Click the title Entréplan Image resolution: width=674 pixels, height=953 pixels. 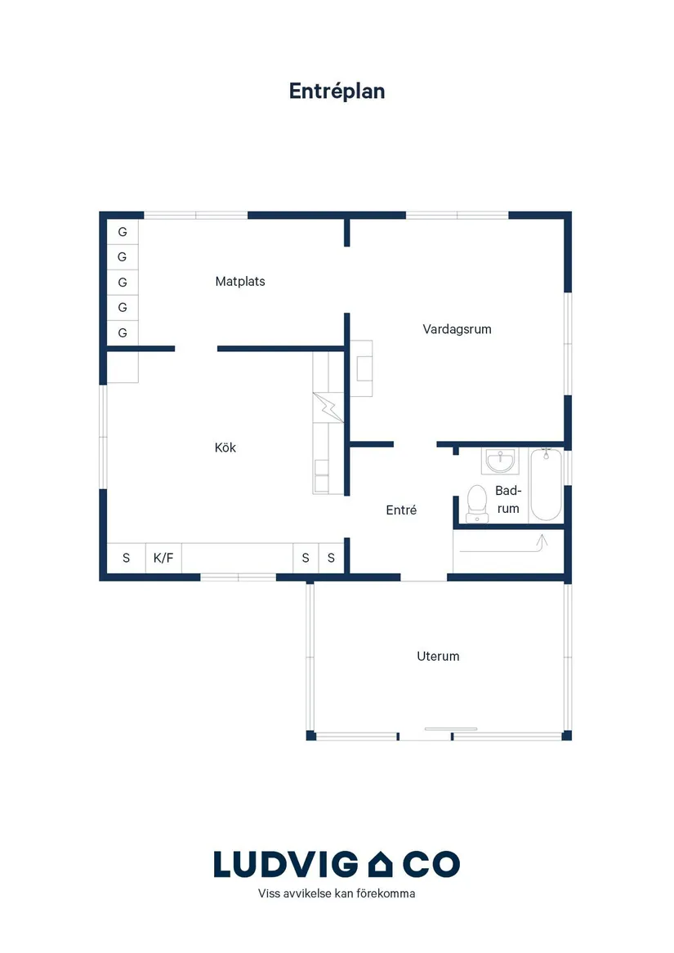[337, 91]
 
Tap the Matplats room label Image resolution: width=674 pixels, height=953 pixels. [240, 282]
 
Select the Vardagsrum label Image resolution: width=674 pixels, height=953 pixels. [457, 329]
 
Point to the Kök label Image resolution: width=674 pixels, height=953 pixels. [225, 448]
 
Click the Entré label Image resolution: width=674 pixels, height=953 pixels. [401, 510]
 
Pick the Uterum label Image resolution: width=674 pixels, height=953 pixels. [438, 657]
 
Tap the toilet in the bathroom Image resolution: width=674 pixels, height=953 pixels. [477, 504]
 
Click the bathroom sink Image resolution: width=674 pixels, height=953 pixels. [500, 461]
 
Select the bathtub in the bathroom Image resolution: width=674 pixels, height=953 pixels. [546, 484]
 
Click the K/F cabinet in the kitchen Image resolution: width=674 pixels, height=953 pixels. [163, 558]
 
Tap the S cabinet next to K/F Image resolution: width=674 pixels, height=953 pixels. [126, 558]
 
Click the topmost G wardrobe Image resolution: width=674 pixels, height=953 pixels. [123, 232]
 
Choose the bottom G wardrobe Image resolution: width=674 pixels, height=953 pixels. [123, 333]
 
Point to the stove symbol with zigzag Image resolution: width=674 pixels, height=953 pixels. [328, 407]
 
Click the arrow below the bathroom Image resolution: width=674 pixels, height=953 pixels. [504, 545]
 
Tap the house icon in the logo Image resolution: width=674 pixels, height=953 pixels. [380, 864]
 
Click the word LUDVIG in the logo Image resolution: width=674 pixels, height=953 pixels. [286, 864]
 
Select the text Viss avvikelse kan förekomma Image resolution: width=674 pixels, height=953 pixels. [337, 893]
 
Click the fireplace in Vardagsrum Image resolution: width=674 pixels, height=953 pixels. [361, 368]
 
